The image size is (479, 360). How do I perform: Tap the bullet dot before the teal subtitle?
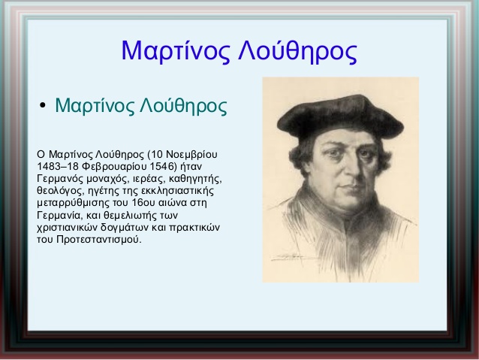click(43, 105)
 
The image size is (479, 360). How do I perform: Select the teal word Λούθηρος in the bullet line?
click(183, 105)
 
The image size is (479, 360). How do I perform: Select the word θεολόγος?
click(61, 191)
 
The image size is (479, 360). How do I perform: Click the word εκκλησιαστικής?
click(177, 191)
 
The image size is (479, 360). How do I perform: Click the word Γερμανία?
click(60, 216)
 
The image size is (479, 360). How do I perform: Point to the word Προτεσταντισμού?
click(99, 240)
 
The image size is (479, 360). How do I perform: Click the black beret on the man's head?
click(340, 116)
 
